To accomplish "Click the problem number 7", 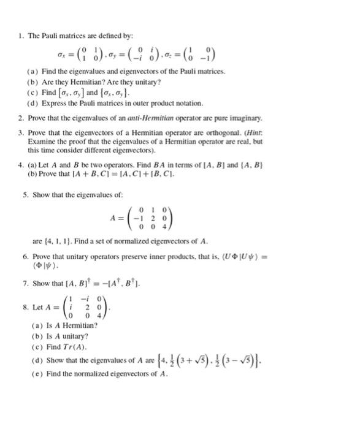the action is click(20, 283).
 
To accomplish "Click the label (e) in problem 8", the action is click(34, 374).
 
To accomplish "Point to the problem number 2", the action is click(20, 117).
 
